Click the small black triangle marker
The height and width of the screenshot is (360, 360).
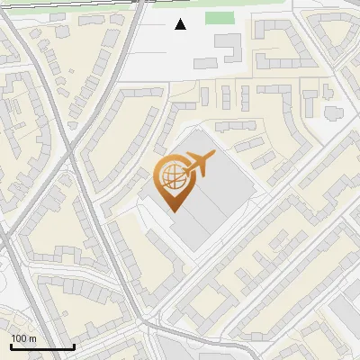[x=181, y=24]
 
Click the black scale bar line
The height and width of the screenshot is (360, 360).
[x=42, y=346]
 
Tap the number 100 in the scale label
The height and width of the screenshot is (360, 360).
[x=19, y=338]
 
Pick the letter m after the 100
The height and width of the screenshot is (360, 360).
[x=32, y=339]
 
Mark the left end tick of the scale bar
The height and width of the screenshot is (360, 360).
[x=11, y=345]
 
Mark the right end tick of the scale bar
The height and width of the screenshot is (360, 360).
[x=74, y=345]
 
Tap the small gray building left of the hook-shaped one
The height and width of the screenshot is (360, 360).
[x=205, y=63]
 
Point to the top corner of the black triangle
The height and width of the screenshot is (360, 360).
[x=181, y=19]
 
